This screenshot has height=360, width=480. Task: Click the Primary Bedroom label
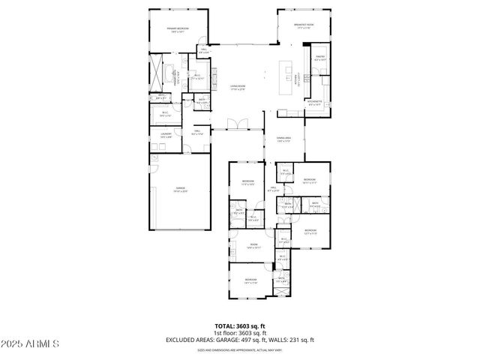178,29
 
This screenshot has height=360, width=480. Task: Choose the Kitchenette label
316,103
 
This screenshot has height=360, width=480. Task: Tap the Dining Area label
283,139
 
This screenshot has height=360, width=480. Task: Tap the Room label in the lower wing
253,245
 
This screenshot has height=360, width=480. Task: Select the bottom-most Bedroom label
250,281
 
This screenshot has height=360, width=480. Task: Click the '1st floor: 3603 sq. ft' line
239,333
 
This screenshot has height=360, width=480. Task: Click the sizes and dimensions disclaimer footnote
239,350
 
